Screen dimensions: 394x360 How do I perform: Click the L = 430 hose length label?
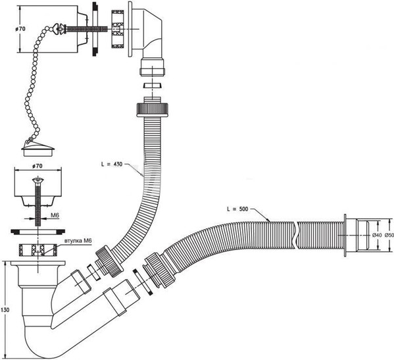[112, 164]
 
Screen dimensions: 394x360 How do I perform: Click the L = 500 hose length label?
[237, 209]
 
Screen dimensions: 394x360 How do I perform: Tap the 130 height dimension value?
[5, 310]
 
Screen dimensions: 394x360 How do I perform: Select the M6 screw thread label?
[55, 215]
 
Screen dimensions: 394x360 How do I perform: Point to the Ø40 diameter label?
[377, 235]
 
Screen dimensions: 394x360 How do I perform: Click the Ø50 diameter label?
[389, 235]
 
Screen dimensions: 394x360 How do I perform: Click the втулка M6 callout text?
[78, 241]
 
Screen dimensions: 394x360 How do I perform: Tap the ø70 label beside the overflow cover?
[20, 29]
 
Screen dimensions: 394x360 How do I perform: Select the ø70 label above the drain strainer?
[37, 166]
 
